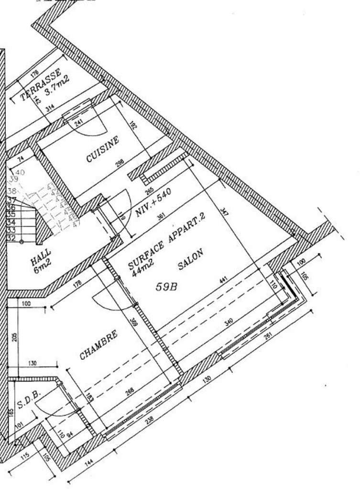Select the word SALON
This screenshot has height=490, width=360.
[191, 260]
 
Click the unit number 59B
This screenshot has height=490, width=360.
[167, 287]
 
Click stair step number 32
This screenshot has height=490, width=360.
[11, 237]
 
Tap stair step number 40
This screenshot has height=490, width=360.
[20, 172]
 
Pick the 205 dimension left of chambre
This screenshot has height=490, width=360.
[13, 337]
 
